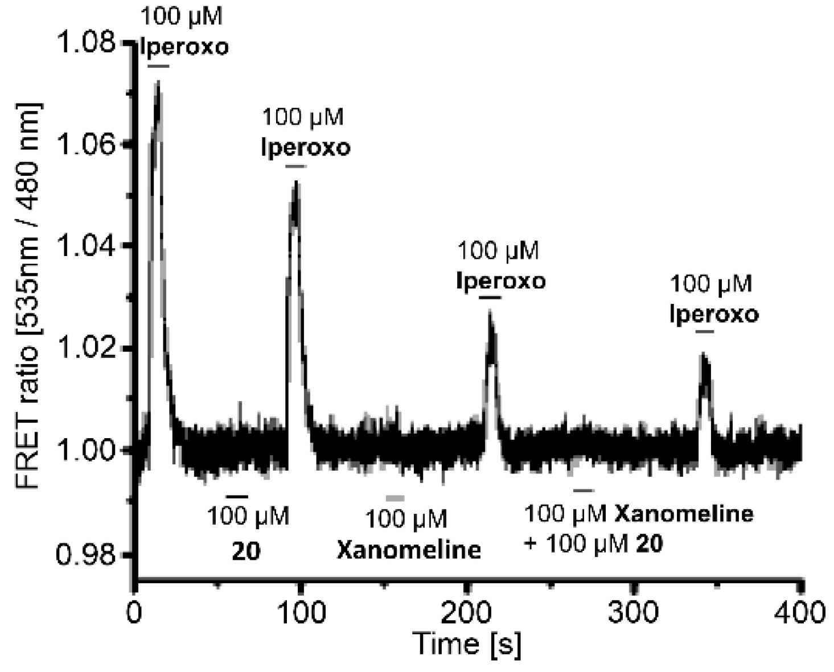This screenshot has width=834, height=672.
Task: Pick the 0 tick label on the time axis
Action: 135,613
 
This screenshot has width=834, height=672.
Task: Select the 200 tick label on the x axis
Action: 467,613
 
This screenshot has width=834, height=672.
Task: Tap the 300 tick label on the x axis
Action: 633,613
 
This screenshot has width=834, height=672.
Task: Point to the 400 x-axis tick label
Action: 799,613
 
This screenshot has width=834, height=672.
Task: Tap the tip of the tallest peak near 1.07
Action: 158,83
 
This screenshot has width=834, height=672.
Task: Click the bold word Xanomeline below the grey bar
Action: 409,550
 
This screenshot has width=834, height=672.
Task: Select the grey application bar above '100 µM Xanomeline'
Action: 395,498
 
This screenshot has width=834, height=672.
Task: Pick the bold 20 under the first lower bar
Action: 246,551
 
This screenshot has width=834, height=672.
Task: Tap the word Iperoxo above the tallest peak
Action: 184,47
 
